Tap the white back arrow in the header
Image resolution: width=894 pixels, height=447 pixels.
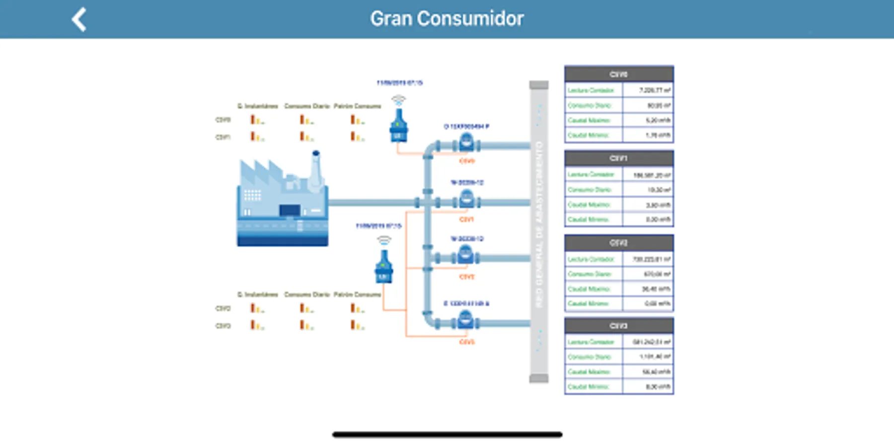tap(79, 19)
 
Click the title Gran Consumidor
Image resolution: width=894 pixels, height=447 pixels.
tap(447, 19)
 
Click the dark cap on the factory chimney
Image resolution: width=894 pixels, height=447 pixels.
tap(316, 153)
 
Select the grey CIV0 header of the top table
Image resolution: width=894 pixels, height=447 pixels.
tap(619, 74)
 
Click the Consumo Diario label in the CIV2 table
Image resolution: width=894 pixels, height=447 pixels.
tap(590, 274)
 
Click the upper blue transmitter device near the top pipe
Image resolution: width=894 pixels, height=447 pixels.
tap(398, 126)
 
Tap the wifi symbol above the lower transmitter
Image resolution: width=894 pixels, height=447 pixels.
tap(384, 240)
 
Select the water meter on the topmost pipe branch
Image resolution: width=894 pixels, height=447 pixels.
tap(466, 143)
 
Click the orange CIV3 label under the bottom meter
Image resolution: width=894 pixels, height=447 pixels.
tap(467, 342)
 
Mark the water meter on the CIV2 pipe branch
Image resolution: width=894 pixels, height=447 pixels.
tap(465, 255)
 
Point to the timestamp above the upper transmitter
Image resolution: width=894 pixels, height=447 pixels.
tap(399, 83)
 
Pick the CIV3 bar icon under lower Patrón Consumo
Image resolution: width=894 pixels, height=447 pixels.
tap(357, 325)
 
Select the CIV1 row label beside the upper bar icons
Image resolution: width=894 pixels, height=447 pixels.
tap(223, 137)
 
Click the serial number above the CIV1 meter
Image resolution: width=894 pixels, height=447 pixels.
tap(467, 183)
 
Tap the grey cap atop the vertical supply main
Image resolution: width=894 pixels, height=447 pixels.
tap(539, 85)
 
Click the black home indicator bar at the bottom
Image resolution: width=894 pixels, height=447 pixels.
tap(447, 435)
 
